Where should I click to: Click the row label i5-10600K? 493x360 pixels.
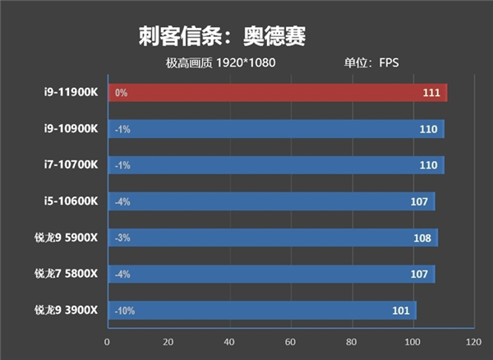[x=72, y=201]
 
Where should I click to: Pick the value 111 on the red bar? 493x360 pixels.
[x=431, y=93]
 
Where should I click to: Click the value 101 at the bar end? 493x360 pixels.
[x=400, y=311]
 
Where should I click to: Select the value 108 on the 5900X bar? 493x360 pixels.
[x=422, y=238]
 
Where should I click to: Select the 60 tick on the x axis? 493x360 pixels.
[x=290, y=342]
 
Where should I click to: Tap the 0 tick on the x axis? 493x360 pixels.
[x=107, y=342]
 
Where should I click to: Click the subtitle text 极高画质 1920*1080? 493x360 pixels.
[x=219, y=63]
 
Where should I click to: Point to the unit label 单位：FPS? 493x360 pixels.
[x=371, y=63]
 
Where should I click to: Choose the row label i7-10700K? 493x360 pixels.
[x=72, y=165]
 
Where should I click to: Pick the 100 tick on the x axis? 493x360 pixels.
[x=412, y=342]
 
